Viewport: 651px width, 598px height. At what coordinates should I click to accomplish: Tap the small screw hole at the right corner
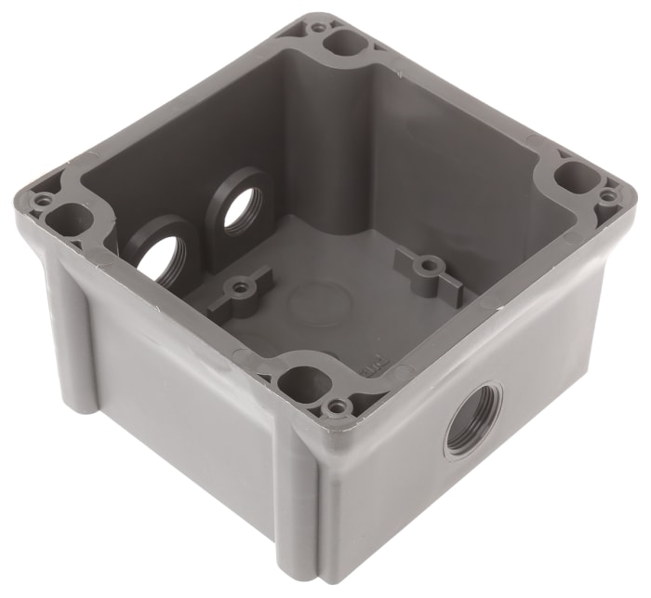(608, 196)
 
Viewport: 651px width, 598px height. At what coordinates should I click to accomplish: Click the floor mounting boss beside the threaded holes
(240, 287)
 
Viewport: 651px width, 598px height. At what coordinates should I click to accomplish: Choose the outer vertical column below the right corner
(600, 307)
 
